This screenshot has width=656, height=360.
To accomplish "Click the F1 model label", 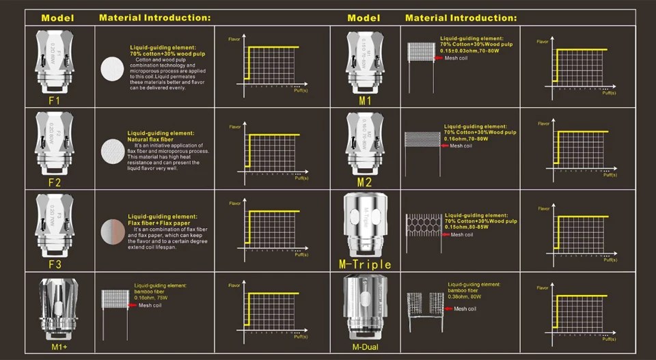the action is (x=55, y=100).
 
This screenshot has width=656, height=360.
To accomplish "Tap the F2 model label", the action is (x=55, y=182).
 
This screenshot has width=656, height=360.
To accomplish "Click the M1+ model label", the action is (x=58, y=347).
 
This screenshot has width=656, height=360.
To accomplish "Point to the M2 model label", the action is (x=364, y=182).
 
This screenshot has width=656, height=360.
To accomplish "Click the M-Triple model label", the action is (x=365, y=264).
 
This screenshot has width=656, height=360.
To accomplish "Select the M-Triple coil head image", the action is (x=365, y=225).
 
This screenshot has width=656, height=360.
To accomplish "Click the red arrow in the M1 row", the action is (x=439, y=59).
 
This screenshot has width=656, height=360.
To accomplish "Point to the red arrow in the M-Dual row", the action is (x=448, y=309).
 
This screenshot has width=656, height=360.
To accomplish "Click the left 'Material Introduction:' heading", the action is (x=154, y=17).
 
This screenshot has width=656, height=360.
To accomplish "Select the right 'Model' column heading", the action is (x=364, y=17).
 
